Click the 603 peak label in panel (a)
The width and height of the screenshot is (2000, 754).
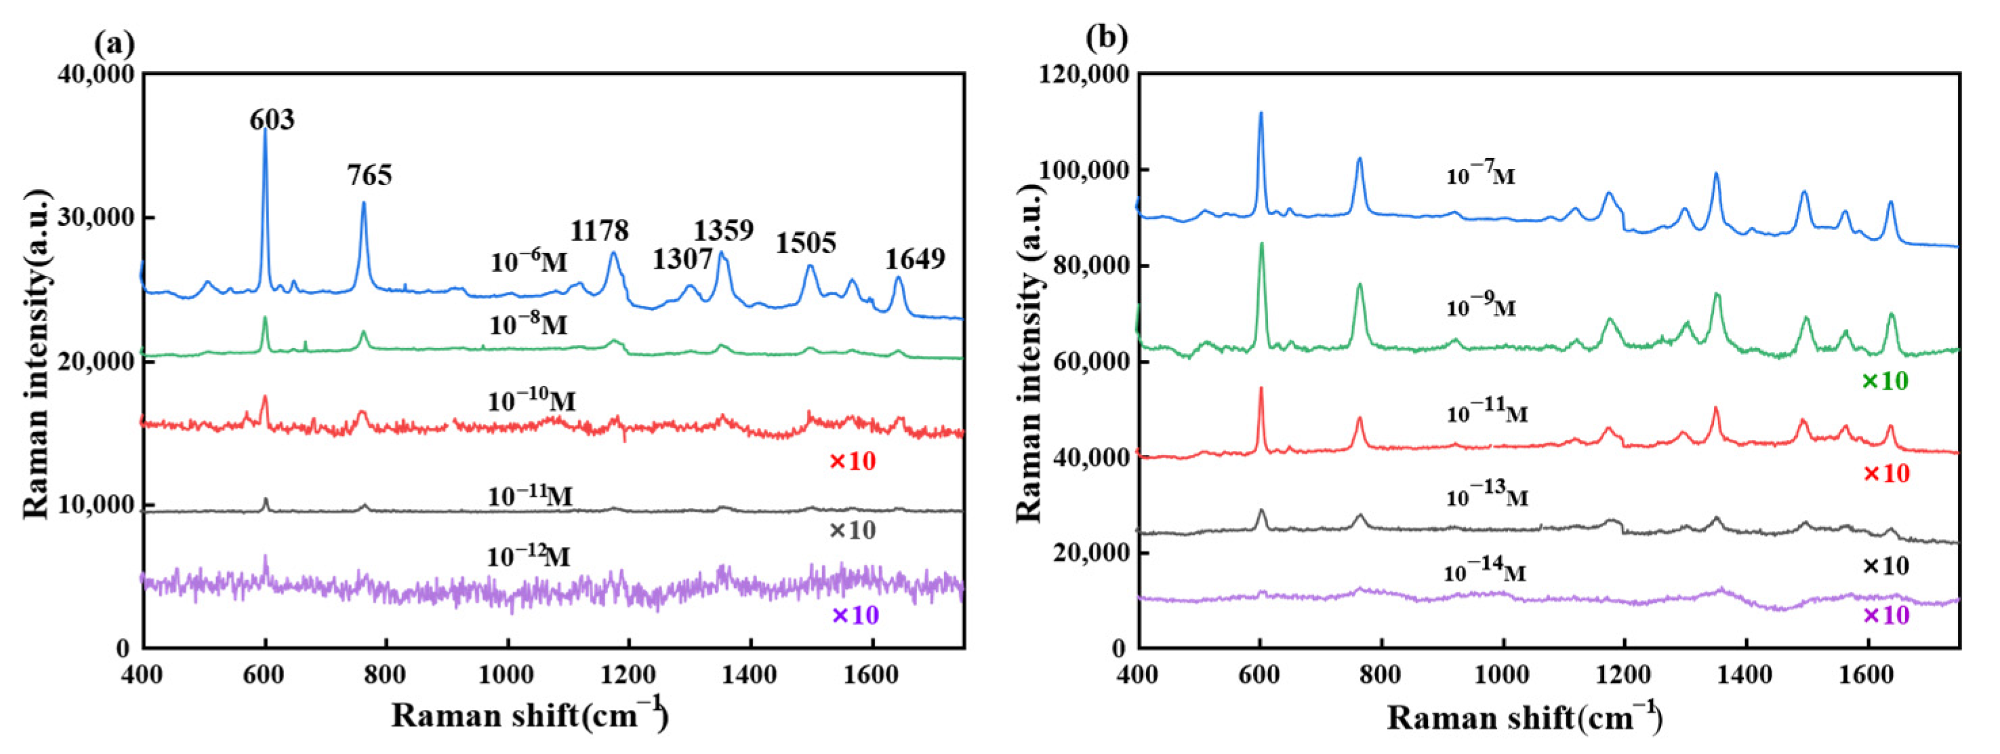pos(272,121)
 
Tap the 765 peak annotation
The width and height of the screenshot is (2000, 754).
pos(369,176)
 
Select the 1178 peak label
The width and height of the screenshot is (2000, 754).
pos(599,231)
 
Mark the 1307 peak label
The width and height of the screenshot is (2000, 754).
pos(682,260)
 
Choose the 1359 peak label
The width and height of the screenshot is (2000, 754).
pos(723,231)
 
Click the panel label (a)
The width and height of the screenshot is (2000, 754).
pos(114,44)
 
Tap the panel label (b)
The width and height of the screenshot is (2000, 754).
pos(1105,37)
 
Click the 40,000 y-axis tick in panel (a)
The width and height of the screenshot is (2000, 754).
pos(96,75)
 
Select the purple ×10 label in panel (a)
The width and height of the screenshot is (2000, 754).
pos(855,616)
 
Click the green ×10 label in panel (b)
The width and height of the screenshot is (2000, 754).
pos(1884,381)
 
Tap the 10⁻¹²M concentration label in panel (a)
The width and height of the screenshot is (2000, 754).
pos(528,557)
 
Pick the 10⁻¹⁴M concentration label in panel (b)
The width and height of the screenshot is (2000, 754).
pos(1484,573)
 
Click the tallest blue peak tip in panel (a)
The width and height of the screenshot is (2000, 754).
pos(265,129)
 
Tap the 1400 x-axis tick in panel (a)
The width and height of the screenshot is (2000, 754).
pos(750,674)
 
